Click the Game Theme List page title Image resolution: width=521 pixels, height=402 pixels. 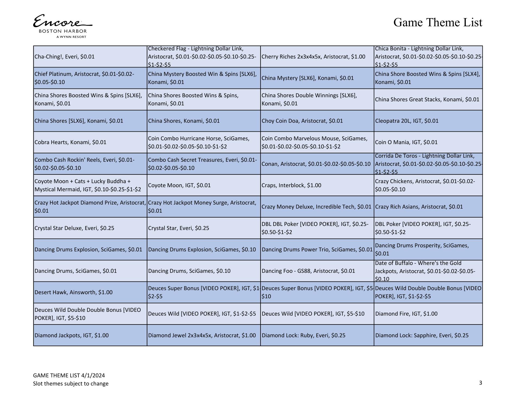click(x=438, y=22)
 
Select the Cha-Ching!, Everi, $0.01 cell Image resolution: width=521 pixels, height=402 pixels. click(x=90, y=57)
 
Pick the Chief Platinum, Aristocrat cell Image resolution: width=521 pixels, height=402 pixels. click(x=90, y=78)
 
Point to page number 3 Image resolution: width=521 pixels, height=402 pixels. click(x=480, y=383)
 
